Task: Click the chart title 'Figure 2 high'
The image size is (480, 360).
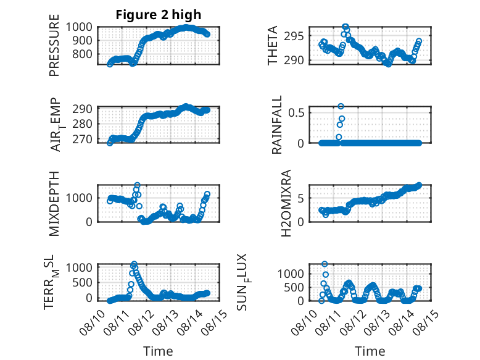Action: coord(159,15)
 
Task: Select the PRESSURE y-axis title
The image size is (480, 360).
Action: coord(54,45)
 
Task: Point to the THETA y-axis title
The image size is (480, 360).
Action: coord(272,45)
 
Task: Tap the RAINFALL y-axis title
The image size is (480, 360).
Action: coord(276,125)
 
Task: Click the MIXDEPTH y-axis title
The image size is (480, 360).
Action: coord(54,204)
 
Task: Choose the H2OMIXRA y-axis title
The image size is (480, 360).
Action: coord(286,203)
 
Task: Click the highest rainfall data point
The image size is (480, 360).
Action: coord(341,106)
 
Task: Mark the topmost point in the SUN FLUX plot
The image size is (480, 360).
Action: coord(325,264)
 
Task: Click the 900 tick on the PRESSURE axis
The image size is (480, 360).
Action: coord(82,40)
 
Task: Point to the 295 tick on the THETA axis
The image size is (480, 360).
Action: coord(294,36)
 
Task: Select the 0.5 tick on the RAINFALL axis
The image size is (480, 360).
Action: coord(296,112)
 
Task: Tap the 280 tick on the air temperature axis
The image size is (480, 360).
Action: coord(82,124)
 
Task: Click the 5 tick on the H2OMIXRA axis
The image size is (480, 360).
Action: coord(301,199)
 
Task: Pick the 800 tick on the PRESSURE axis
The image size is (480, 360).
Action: coord(82,54)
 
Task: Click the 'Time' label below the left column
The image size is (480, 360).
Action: coord(158,351)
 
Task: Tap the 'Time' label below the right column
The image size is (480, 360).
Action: coord(370,351)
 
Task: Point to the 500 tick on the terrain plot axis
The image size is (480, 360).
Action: coord(82,282)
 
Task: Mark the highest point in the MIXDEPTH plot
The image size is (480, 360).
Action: coord(137,185)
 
